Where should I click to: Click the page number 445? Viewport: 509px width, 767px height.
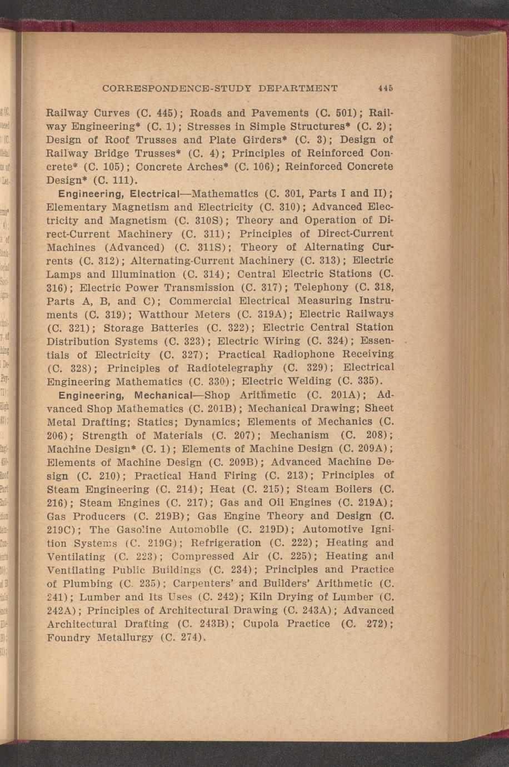(386, 88)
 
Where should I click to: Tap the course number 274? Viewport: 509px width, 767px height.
(187, 637)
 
